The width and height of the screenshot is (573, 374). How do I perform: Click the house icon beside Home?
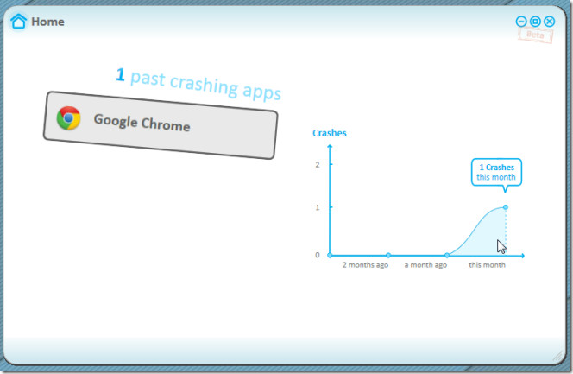point(18,22)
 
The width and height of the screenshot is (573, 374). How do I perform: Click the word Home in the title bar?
point(47,22)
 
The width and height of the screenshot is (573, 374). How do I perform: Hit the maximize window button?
point(535,22)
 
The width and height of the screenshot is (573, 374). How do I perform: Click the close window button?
point(549,22)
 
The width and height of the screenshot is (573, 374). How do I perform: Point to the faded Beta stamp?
point(535,35)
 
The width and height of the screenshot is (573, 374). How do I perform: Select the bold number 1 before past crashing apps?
point(120,74)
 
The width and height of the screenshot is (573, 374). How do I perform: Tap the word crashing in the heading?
point(204,86)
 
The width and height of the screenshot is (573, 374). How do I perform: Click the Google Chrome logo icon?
point(69,118)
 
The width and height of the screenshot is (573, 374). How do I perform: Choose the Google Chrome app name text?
point(142,123)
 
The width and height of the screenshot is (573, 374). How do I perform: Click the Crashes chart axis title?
point(330,133)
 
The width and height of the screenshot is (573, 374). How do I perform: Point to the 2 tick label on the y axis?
point(318,165)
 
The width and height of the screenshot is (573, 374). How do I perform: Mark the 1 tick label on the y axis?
point(318,207)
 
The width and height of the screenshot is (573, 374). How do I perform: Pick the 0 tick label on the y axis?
point(318,255)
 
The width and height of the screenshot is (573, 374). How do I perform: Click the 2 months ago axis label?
point(365,265)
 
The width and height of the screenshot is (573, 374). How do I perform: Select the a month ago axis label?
point(425,265)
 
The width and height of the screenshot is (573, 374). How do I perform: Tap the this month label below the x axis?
point(487,265)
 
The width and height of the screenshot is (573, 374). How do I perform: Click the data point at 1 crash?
point(506,207)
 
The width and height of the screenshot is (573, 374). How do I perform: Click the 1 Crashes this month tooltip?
point(496,172)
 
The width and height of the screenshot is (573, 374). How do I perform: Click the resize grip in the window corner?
point(558,356)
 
